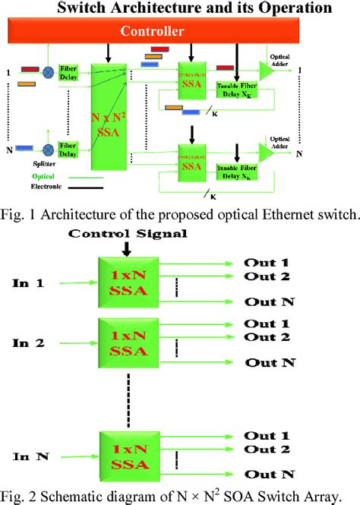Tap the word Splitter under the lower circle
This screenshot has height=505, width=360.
(x=47, y=163)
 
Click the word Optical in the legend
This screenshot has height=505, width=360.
(x=45, y=174)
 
